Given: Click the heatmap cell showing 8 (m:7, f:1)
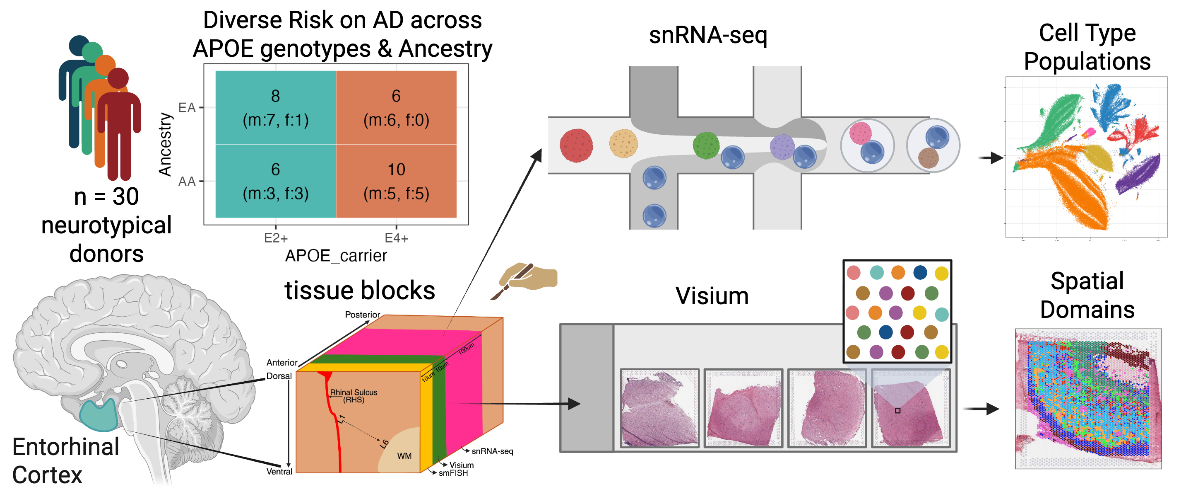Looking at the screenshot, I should pos(275,107).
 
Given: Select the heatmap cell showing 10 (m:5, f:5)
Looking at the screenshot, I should pos(396,181).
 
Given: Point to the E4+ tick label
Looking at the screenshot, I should pos(396,238).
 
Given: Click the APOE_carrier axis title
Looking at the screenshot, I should pos(336,256).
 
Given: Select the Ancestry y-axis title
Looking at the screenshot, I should pos(165,144).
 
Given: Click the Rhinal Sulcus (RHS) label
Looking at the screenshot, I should pos(354,396).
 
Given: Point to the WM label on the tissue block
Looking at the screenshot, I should pos(404,456).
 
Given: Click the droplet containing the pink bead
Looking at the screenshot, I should pos(867,145).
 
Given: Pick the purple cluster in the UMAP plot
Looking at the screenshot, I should pos(1137,174).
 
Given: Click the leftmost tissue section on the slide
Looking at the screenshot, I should pos(659,408).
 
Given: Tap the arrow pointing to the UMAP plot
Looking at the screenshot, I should pos(990,158).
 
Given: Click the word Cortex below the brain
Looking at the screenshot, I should pos(48,475).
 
